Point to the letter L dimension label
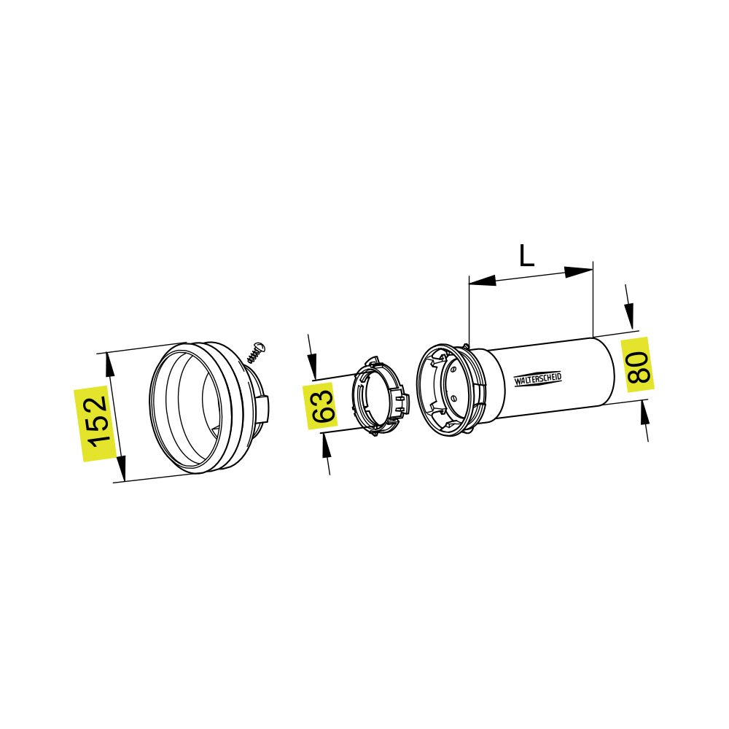(526, 256)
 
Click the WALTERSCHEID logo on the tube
(538, 379)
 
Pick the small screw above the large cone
(256, 352)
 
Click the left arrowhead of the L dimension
(483, 280)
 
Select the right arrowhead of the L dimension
(580, 272)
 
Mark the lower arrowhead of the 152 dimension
(120, 469)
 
